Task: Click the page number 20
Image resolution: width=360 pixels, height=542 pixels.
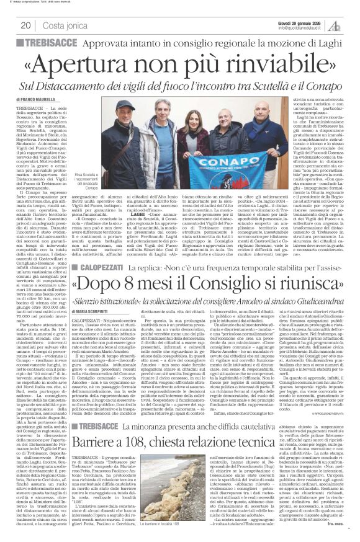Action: (x=25, y=25)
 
